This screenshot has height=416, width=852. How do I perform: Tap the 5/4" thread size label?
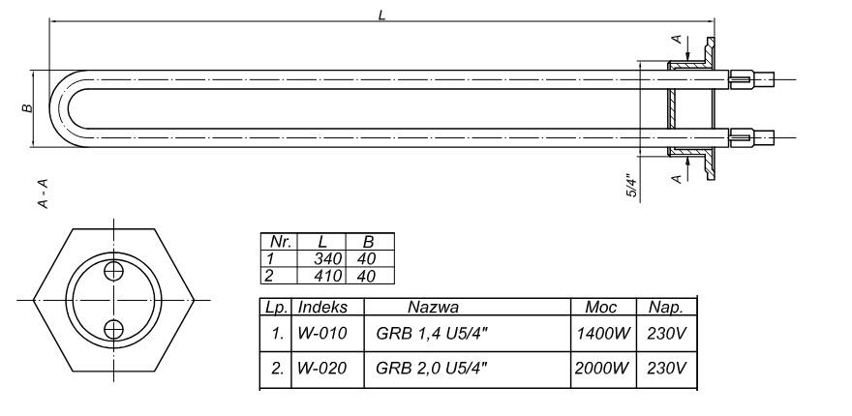(630, 186)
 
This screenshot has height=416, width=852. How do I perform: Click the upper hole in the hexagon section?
(112, 270)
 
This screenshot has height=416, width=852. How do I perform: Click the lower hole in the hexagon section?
(112, 328)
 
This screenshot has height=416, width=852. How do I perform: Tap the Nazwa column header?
(434, 308)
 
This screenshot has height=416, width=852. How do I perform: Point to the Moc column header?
(602, 308)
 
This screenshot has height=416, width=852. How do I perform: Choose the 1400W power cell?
(602, 336)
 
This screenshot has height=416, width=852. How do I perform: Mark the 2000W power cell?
(602, 369)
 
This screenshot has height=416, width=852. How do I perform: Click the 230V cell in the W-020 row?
(667, 369)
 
